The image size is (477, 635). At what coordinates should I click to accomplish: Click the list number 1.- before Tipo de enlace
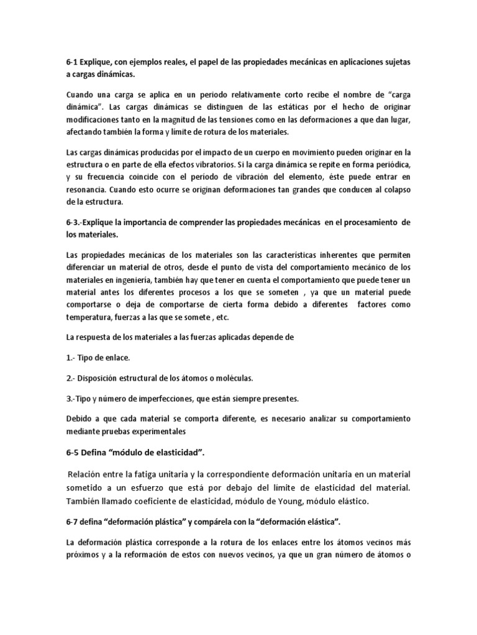[71, 358]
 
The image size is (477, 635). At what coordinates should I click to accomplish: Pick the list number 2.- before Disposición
[72, 378]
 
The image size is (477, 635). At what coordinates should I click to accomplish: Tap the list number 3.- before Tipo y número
[73, 397]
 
